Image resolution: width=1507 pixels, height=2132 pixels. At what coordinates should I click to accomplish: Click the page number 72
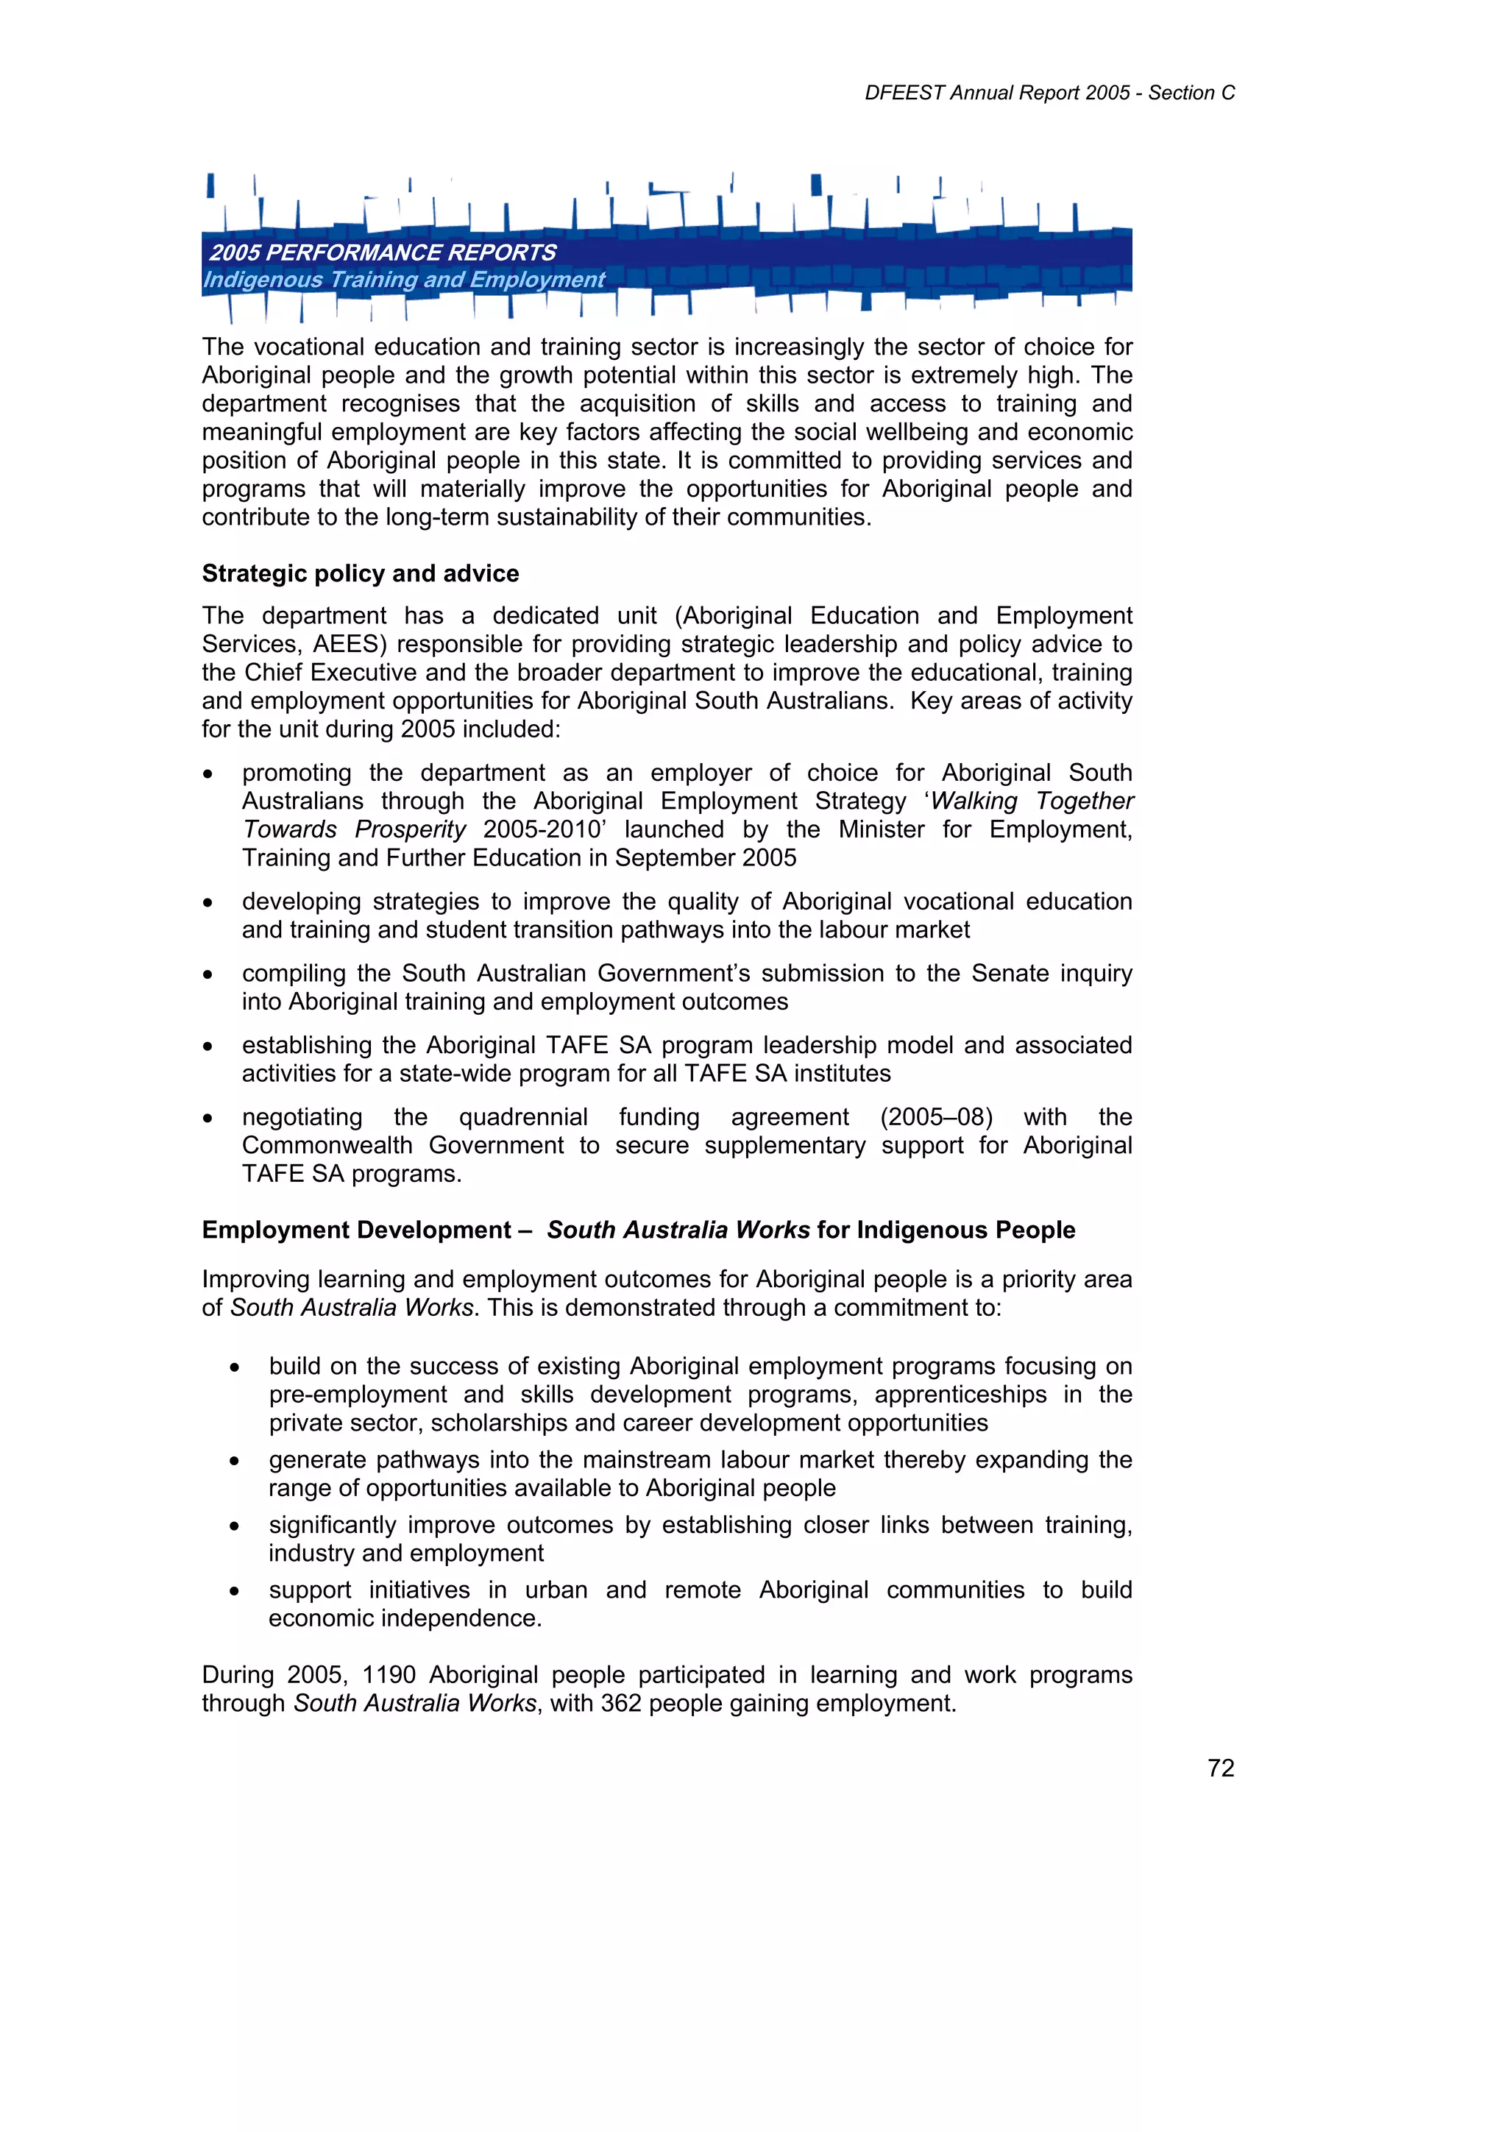point(1220,1768)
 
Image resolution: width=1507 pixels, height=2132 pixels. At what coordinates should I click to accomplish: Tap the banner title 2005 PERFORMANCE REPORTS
point(383,252)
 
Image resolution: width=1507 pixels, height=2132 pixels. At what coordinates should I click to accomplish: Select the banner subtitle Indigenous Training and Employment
point(404,280)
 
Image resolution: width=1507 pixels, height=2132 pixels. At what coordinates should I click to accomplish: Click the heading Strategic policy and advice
point(361,574)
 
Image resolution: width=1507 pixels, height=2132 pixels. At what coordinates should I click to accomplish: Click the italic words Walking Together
point(1032,801)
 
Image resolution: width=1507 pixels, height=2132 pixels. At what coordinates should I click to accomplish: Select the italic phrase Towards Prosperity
point(354,830)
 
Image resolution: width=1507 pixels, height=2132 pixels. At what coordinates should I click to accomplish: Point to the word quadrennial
point(522,1117)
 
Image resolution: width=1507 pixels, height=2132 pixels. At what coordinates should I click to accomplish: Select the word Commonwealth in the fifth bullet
point(327,1146)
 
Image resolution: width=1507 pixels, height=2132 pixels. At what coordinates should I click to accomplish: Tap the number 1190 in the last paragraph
point(388,1675)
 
